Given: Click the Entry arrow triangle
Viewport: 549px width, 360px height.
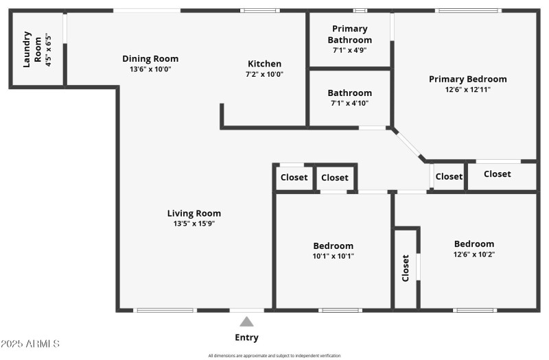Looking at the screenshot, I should point(246,322).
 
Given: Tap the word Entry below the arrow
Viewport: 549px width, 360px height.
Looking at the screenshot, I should point(246,337).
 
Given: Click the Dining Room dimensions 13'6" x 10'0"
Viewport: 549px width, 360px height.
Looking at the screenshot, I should point(150,69).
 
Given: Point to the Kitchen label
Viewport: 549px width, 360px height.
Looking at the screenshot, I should point(264,64).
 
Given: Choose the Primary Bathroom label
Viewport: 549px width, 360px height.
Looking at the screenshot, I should point(350,34).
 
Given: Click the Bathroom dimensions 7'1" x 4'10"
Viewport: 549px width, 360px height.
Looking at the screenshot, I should point(349,104).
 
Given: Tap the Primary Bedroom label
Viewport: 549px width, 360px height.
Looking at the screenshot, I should point(467,79).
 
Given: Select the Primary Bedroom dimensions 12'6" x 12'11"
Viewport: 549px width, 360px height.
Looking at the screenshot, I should point(467,89).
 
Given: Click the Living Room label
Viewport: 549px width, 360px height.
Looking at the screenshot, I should point(194,213).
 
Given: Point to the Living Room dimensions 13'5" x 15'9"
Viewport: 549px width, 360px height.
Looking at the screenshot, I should point(194,224).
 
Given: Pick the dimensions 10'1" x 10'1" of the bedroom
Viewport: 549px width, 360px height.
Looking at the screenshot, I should point(334,256).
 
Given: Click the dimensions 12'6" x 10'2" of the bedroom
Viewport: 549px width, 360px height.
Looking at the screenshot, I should point(474,254).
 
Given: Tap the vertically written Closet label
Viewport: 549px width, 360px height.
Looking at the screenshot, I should point(406,268).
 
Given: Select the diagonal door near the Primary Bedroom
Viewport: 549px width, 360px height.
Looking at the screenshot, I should point(410,144).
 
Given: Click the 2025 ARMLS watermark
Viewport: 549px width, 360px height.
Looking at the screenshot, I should point(31,343).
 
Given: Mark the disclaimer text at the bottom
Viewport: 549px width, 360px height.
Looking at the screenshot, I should point(274,355).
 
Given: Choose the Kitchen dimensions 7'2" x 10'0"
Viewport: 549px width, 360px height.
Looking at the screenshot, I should point(264,74).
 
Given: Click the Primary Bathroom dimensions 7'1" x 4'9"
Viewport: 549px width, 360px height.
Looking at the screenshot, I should point(350,50).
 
